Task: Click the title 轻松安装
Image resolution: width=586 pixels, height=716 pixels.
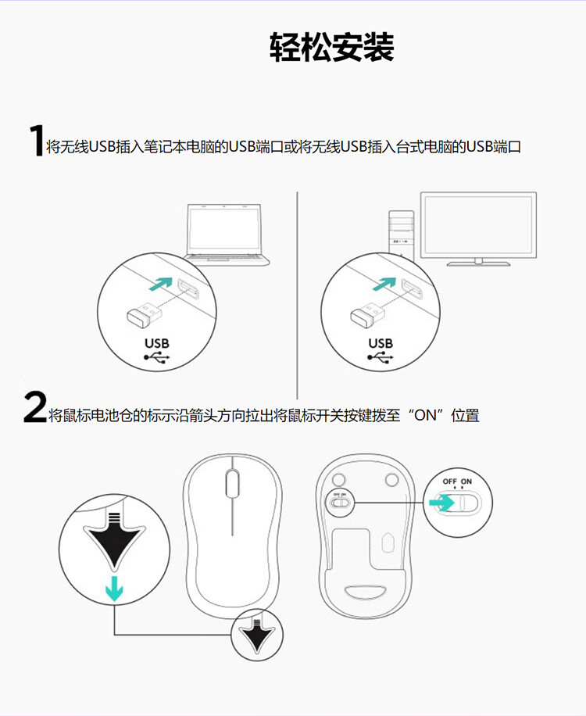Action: [332, 47]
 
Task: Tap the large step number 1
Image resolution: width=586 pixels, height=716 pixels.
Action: [36, 141]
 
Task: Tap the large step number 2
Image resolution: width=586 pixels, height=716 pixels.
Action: [35, 406]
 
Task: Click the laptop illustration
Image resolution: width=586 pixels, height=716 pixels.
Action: [227, 234]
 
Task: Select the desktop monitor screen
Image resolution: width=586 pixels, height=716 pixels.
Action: [478, 226]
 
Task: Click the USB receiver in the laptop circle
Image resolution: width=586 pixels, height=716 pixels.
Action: [144, 315]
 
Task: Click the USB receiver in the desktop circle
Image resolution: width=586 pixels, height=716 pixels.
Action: [367, 315]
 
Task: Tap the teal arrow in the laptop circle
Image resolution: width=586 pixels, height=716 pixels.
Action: [161, 284]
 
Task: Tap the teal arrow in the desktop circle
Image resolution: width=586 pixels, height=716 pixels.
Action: [384, 284]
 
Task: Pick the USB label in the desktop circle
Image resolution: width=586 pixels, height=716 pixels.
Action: [381, 343]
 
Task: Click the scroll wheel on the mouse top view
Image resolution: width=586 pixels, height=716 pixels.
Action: [232, 483]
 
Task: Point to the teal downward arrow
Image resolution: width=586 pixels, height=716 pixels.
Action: [114, 589]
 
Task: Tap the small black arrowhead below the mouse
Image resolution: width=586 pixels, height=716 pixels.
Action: [257, 634]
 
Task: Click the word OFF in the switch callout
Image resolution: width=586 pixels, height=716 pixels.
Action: [449, 482]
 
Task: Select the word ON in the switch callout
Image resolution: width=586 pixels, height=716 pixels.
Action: [466, 482]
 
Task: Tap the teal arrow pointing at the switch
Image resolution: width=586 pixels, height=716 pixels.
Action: [441, 503]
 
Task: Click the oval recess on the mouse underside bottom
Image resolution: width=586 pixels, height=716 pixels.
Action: [366, 592]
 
